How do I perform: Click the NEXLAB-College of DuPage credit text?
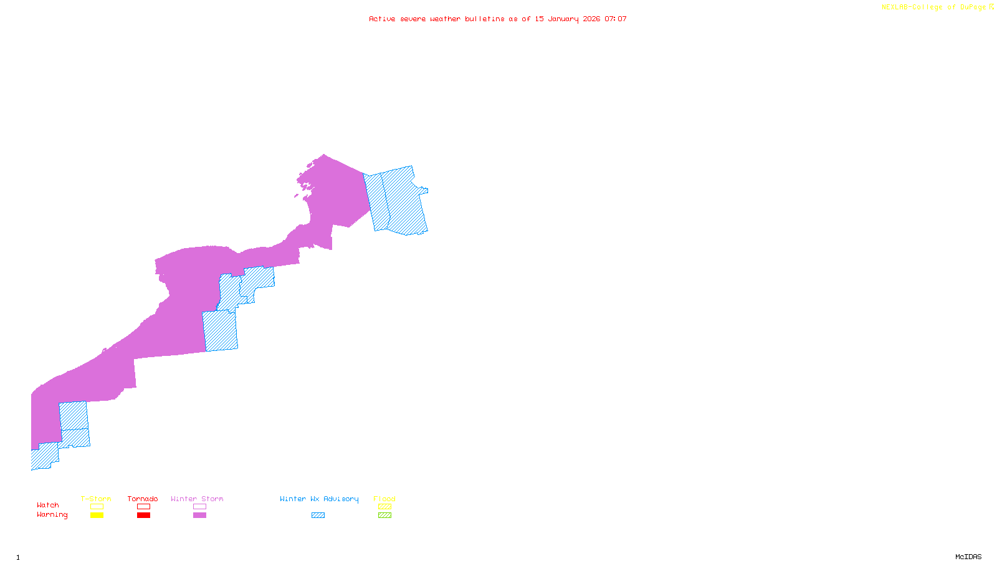(934, 7)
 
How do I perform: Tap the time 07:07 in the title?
(616, 19)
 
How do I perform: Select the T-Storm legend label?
(96, 499)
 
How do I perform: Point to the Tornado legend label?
(143, 499)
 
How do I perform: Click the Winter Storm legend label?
(197, 499)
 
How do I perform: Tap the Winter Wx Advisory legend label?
(319, 499)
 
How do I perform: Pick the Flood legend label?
(384, 499)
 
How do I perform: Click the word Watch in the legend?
(48, 506)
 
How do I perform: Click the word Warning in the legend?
(52, 515)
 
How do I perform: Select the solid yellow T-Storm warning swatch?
(97, 515)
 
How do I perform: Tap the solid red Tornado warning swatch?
(143, 515)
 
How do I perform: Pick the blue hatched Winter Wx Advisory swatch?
(318, 515)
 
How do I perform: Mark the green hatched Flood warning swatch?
(384, 515)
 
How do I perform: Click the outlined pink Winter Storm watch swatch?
(199, 507)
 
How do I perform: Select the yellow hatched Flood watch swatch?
(384, 507)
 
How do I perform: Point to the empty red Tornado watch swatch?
(143, 507)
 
